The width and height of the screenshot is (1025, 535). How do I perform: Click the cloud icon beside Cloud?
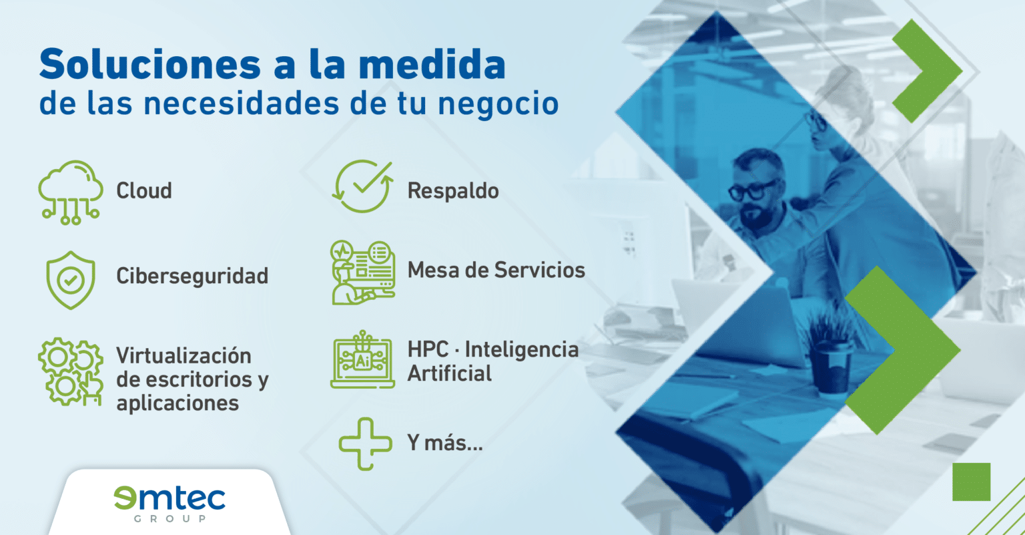click(70, 190)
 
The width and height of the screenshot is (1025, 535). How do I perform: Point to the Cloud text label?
click(144, 191)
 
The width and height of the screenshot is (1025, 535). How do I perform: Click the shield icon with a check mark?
click(70, 281)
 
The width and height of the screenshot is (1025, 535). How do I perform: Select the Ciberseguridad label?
click(192, 276)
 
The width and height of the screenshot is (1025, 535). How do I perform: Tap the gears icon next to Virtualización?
click(70, 371)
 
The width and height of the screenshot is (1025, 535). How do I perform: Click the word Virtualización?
click(184, 355)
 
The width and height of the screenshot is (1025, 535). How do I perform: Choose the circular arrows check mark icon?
click(362, 186)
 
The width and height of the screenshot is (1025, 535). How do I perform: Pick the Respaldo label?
click(453, 191)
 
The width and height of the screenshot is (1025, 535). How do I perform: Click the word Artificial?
click(449, 373)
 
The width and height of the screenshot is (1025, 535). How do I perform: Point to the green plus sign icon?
click(365, 443)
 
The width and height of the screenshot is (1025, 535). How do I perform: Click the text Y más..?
click(444, 443)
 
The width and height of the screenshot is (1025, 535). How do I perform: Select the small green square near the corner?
click(971, 482)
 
